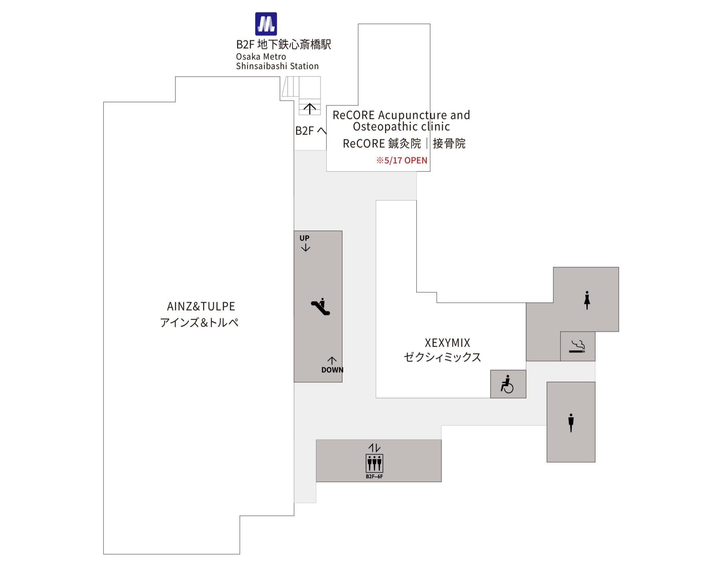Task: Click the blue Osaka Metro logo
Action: (266, 24)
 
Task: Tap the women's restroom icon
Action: (587, 300)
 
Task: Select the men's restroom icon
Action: (571, 422)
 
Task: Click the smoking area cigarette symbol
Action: (577, 346)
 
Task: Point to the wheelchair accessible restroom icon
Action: (507, 384)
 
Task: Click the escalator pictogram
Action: (320, 306)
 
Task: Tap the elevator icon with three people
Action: (374, 463)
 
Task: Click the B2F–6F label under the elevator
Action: (374, 476)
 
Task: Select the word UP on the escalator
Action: (304, 238)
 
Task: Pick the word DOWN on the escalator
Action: (332, 370)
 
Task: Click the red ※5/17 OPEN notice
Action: (401, 161)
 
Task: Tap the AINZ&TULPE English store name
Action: (201, 306)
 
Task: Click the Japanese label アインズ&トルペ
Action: (199, 322)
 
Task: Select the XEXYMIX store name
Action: (447, 343)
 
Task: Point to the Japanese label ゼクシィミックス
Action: (442, 357)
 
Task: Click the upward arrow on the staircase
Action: (310, 108)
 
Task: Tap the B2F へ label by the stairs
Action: (310, 131)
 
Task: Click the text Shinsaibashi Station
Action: (277, 66)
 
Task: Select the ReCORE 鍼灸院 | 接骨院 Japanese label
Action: (404, 143)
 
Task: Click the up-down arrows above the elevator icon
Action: (374, 448)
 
